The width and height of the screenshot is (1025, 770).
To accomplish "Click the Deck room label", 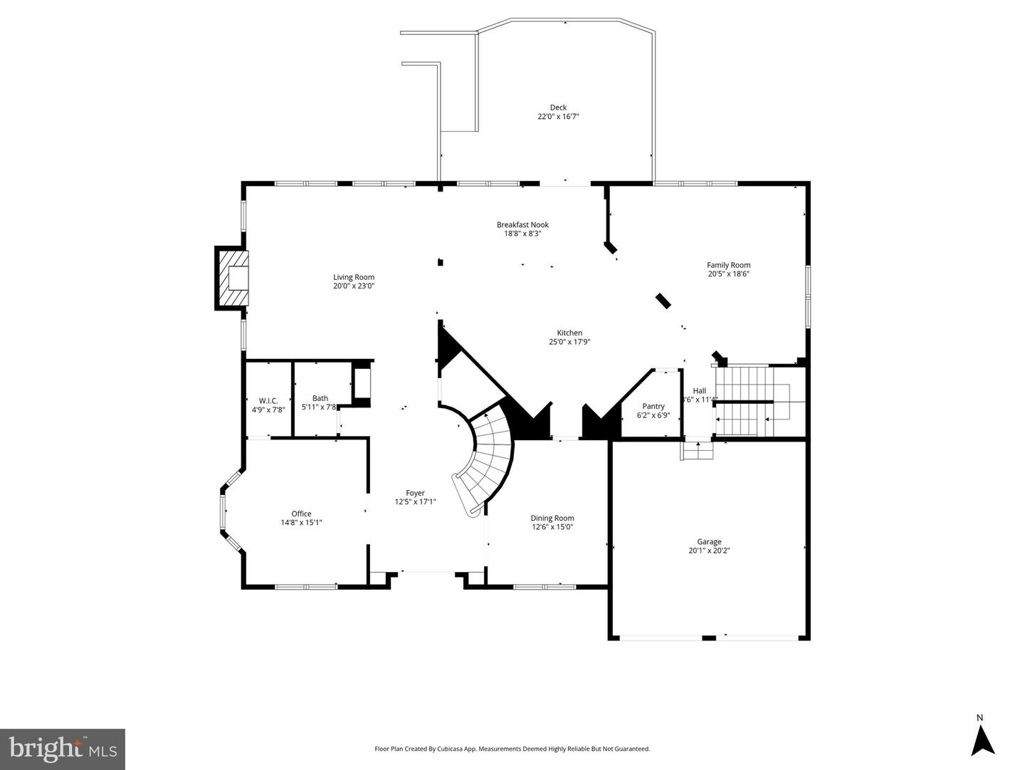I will coord(558,108).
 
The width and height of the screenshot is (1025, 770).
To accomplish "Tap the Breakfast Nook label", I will coord(522,225).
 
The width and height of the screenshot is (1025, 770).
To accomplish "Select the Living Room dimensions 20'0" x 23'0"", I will coord(354,286).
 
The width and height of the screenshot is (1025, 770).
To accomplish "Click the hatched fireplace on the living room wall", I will coord(233,278).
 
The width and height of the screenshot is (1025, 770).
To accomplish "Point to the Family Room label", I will coord(728,265).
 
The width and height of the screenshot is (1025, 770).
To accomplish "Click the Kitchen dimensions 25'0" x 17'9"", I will coord(569,342).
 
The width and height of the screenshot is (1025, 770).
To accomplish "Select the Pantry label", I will coord(653,406).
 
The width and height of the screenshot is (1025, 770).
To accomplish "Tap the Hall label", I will coord(700,390).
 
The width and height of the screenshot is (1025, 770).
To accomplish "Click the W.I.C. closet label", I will coord(268,400).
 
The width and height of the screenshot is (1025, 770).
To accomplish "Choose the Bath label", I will coord(320,398).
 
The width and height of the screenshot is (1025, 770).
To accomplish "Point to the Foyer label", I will coord(415,493).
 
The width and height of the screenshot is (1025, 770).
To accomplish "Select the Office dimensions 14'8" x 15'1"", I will coord(301,523).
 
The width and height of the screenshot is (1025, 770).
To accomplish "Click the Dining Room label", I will coord(552,518).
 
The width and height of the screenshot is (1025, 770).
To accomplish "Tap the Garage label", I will coord(709,541).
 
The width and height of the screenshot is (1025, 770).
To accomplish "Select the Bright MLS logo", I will coord(63,749).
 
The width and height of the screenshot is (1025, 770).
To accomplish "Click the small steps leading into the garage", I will coord(698,451).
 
